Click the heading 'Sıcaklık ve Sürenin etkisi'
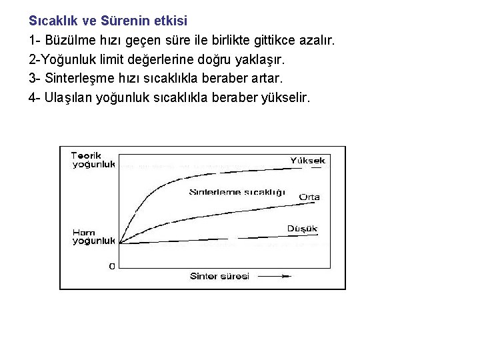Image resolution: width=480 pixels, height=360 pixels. click(x=108, y=21)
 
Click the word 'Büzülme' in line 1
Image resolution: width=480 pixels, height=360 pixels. click(x=69, y=40)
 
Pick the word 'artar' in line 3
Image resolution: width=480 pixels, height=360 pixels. click(x=267, y=79)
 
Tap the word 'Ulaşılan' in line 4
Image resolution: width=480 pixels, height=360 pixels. click(x=69, y=98)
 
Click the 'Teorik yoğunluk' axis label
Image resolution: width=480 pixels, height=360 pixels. click(x=93, y=160)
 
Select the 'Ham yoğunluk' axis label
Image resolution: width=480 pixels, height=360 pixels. click(x=93, y=237)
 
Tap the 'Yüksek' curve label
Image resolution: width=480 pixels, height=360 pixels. click(x=307, y=161)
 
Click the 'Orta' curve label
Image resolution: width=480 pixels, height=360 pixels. click(x=309, y=197)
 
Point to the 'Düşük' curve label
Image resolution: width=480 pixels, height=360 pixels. click(x=302, y=229)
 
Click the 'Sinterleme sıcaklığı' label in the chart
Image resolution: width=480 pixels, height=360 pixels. click(x=237, y=192)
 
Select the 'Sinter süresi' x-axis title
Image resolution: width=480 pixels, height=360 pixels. click(x=219, y=276)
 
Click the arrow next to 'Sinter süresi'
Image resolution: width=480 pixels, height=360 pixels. click(x=275, y=276)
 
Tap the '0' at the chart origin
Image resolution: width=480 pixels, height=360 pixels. click(x=111, y=266)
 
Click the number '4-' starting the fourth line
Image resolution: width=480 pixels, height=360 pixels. click(x=35, y=98)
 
